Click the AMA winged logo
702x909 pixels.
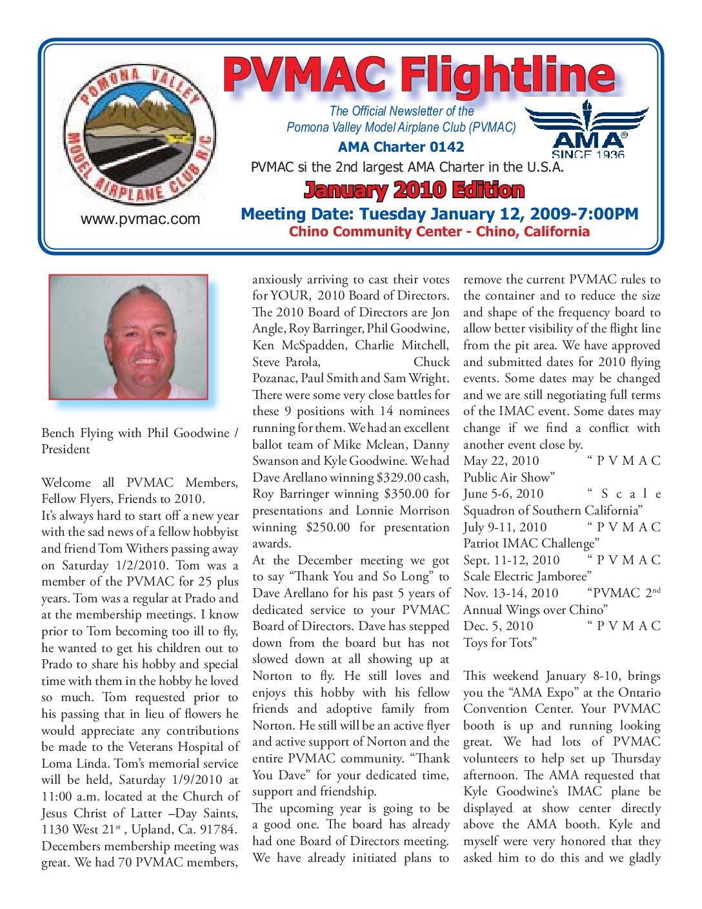[x=587, y=129]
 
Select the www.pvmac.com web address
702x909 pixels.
[x=140, y=220]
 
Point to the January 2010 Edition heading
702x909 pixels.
[x=414, y=190]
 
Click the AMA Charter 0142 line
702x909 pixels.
[x=401, y=147]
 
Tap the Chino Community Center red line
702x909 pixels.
[x=439, y=232]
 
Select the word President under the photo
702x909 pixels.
[x=66, y=449]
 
